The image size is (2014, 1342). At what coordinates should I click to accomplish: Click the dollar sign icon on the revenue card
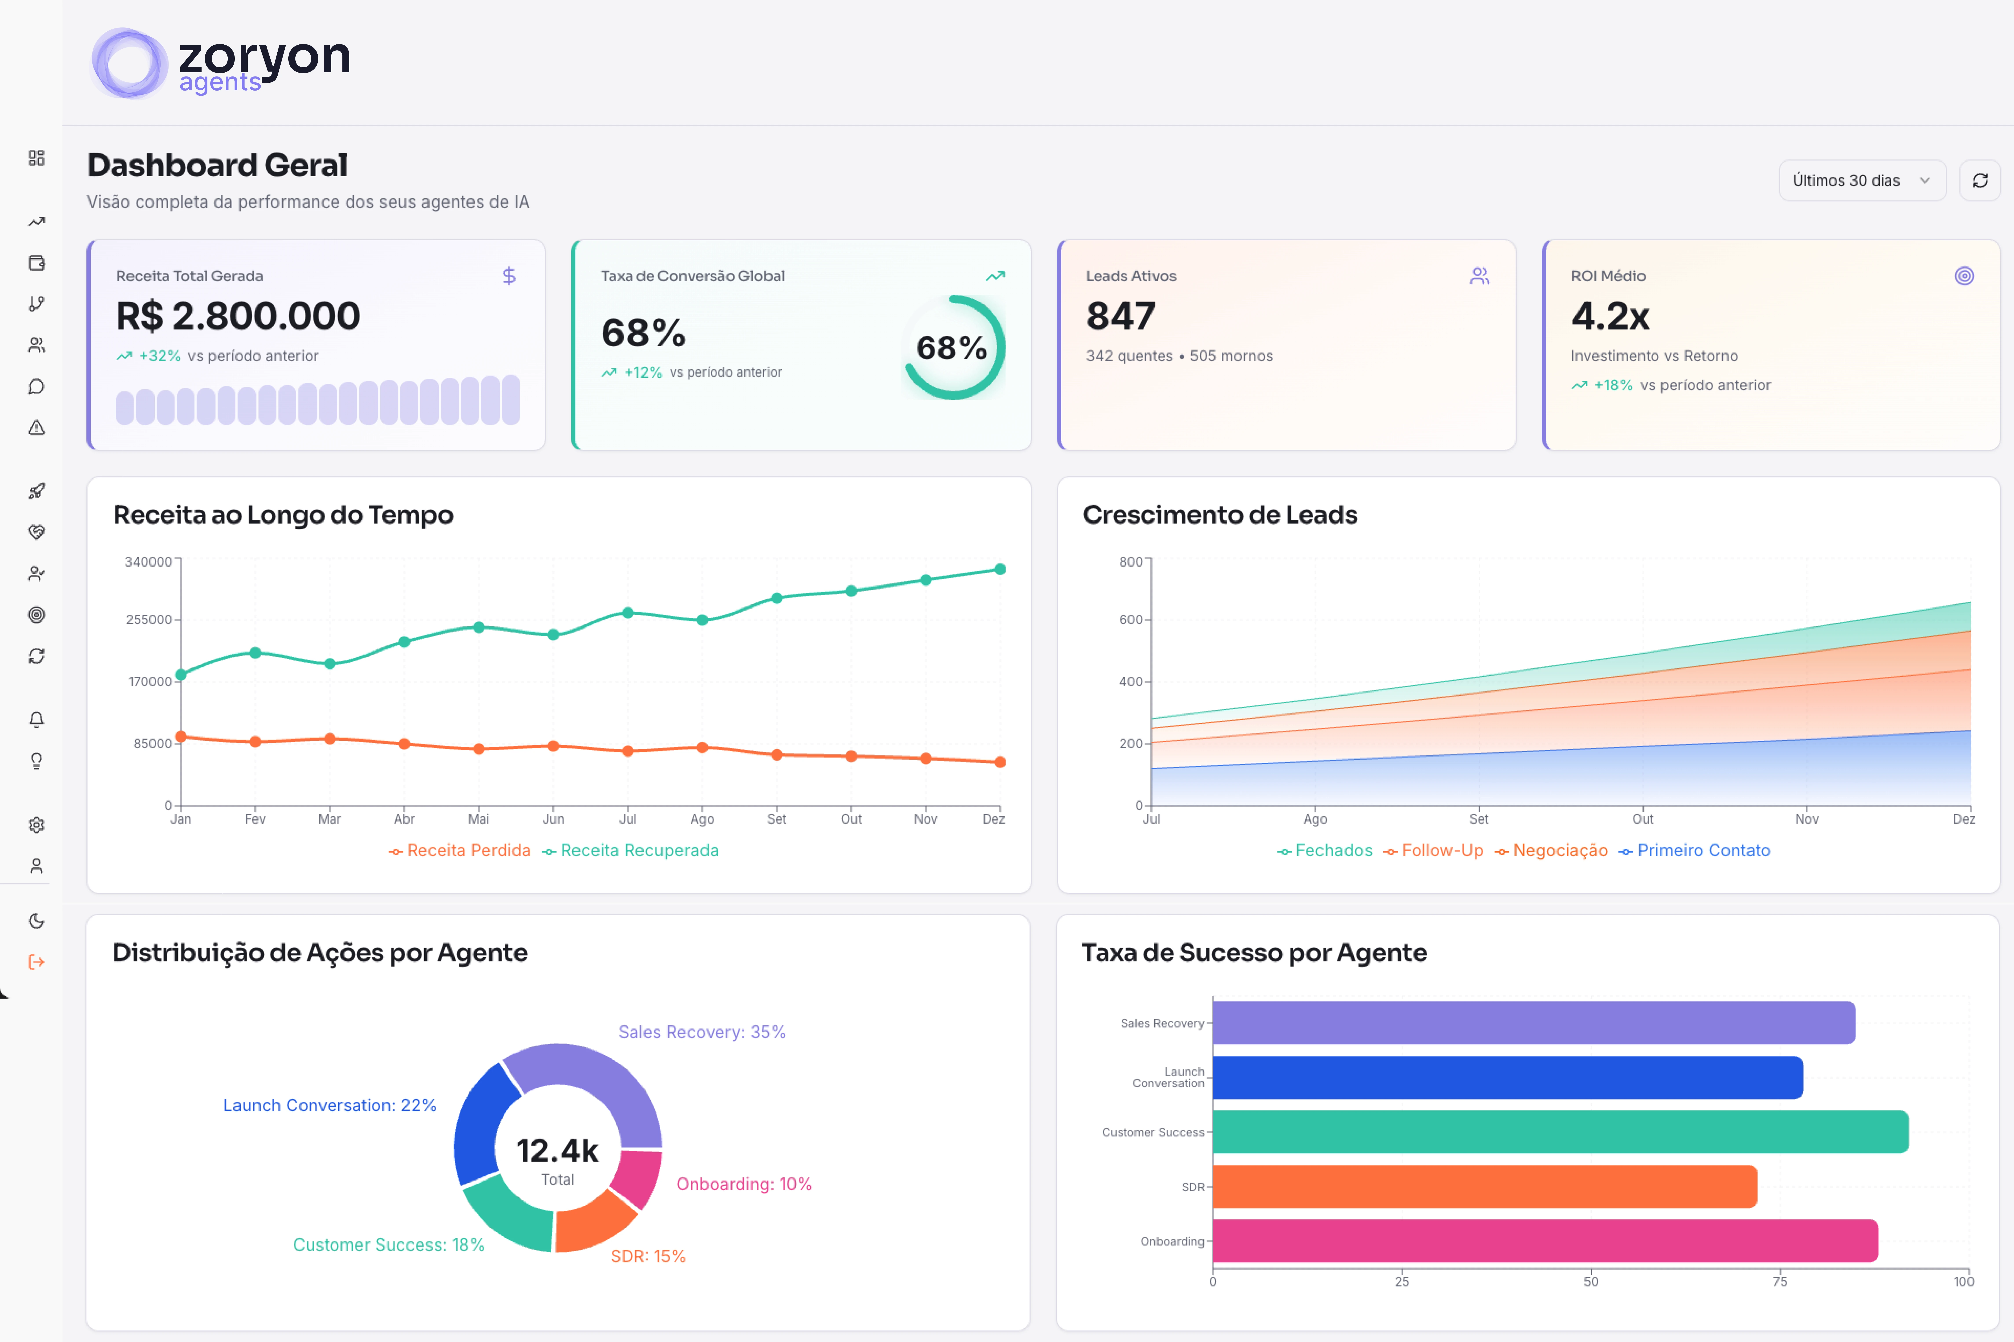(509, 276)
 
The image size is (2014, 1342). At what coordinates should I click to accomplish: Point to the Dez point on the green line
(999, 569)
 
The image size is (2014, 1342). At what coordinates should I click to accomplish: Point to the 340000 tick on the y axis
(148, 562)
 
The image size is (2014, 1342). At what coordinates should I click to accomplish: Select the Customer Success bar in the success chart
(1559, 1132)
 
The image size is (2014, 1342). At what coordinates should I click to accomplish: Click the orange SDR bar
(1484, 1186)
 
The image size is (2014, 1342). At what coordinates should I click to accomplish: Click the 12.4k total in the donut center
(557, 1151)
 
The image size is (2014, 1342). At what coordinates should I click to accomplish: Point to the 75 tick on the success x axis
(1779, 1281)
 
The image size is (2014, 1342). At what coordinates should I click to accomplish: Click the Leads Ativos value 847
(1120, 317)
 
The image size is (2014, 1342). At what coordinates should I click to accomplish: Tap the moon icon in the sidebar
(36, 921)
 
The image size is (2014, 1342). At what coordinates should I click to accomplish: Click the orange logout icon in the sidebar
(36, 962)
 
